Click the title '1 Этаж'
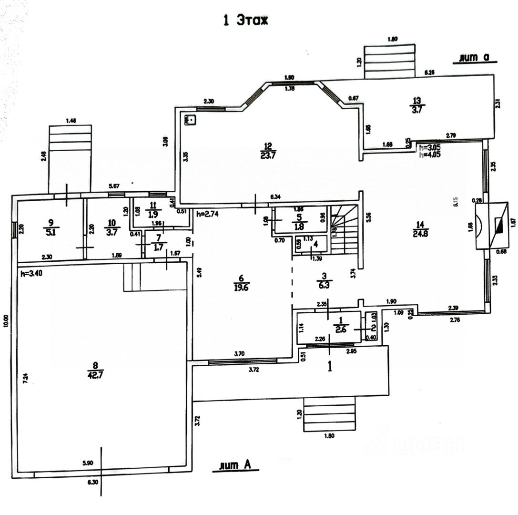[246, 21]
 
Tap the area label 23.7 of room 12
[268, 154]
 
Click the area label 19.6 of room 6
[242, 287]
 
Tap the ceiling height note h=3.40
[31, 274]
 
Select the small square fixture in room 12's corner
[192, 119]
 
